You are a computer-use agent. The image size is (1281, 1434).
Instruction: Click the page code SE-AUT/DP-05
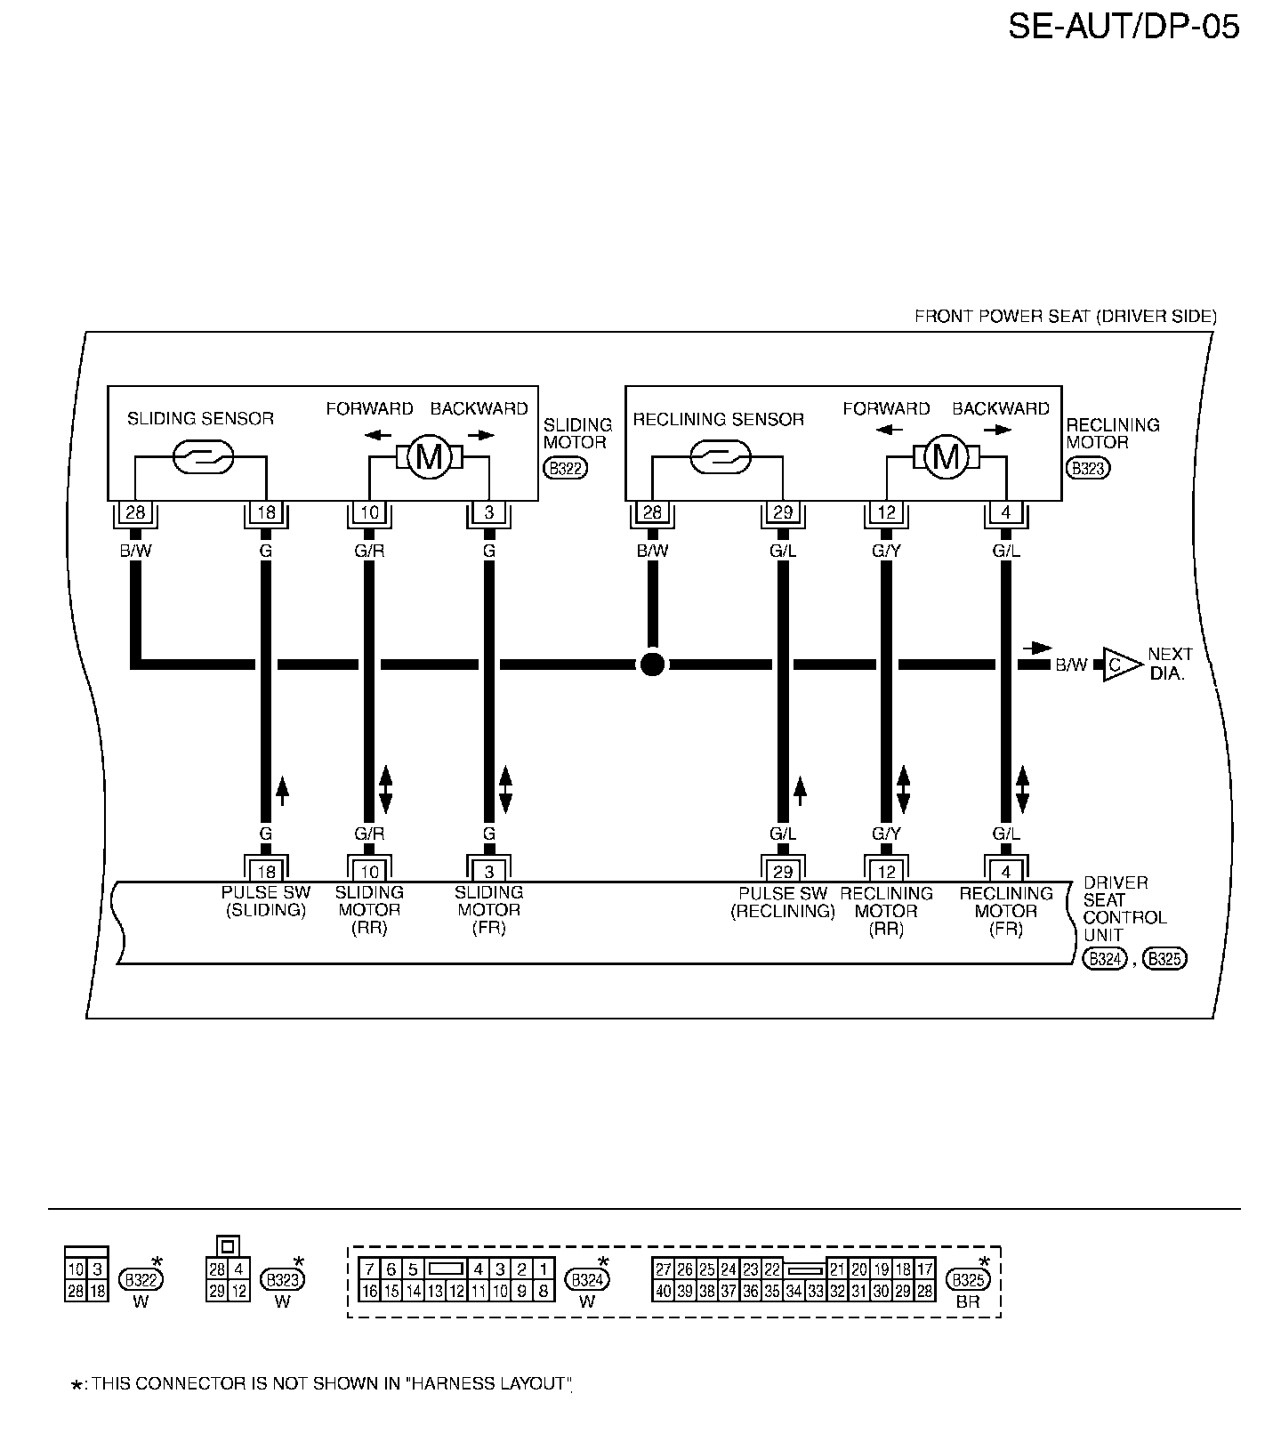tap(1123, 28)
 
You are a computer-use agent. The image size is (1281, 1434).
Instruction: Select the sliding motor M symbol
tap(429, 457)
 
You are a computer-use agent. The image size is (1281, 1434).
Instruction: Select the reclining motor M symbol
tap(946, 457)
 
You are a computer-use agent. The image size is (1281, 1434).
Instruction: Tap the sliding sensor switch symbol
tap(201, 457)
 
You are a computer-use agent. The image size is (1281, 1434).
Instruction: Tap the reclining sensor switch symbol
tap(720, 457)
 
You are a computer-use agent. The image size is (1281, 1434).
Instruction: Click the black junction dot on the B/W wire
tap(652, 664)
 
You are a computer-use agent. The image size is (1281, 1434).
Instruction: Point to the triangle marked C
tap(1117, 664)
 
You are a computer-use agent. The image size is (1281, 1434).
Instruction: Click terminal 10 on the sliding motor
tap(369, 513)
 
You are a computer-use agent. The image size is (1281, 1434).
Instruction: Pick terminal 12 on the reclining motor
tap(886, 513)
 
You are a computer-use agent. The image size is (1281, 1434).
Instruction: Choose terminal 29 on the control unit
tap(783, 871)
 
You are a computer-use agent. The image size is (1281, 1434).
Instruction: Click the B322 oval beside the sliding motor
tap(566, 469)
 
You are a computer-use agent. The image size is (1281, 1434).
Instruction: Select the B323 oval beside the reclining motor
tap(1088, 469)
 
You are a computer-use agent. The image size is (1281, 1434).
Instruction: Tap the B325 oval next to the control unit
tap(1164, 958)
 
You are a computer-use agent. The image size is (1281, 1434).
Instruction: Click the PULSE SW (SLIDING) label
tap(265, 901)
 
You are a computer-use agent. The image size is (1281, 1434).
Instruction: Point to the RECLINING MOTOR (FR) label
tap(1006, 911)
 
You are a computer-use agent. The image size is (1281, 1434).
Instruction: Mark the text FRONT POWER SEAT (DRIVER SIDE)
tap(1065, 316)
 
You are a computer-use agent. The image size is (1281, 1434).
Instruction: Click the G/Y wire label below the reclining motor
tap(886, 551)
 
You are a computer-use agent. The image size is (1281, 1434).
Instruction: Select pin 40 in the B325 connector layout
tap(664, 1291)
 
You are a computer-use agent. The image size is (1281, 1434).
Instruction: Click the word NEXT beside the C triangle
tap(1170, 654)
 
